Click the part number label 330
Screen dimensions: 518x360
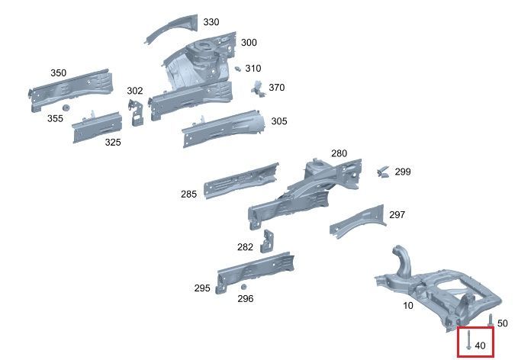(211, 22)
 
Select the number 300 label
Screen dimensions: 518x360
(249, 43)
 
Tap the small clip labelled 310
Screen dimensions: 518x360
(237, 69)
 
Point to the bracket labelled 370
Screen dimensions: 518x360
(259, 88)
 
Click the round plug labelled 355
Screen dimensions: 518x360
(66, 108)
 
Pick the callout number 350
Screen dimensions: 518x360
(59, 73)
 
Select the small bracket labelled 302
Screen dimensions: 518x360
(136, 113)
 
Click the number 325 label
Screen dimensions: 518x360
(113, 143)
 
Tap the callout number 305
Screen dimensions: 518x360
(279, 121)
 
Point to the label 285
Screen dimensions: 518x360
(188, 194)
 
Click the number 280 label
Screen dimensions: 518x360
(339, 153)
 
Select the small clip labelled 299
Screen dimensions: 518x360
(383, 172)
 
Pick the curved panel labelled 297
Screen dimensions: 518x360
(359, 220)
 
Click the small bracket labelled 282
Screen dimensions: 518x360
(267, 241)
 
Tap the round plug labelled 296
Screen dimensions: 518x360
(243, 287)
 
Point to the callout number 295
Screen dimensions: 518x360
(202, 288)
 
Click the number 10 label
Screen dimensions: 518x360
(408, 306)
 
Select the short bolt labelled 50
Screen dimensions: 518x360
(491, 320)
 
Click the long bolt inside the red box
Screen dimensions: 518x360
(468, 340)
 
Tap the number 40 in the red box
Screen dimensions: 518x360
(480, 346)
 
